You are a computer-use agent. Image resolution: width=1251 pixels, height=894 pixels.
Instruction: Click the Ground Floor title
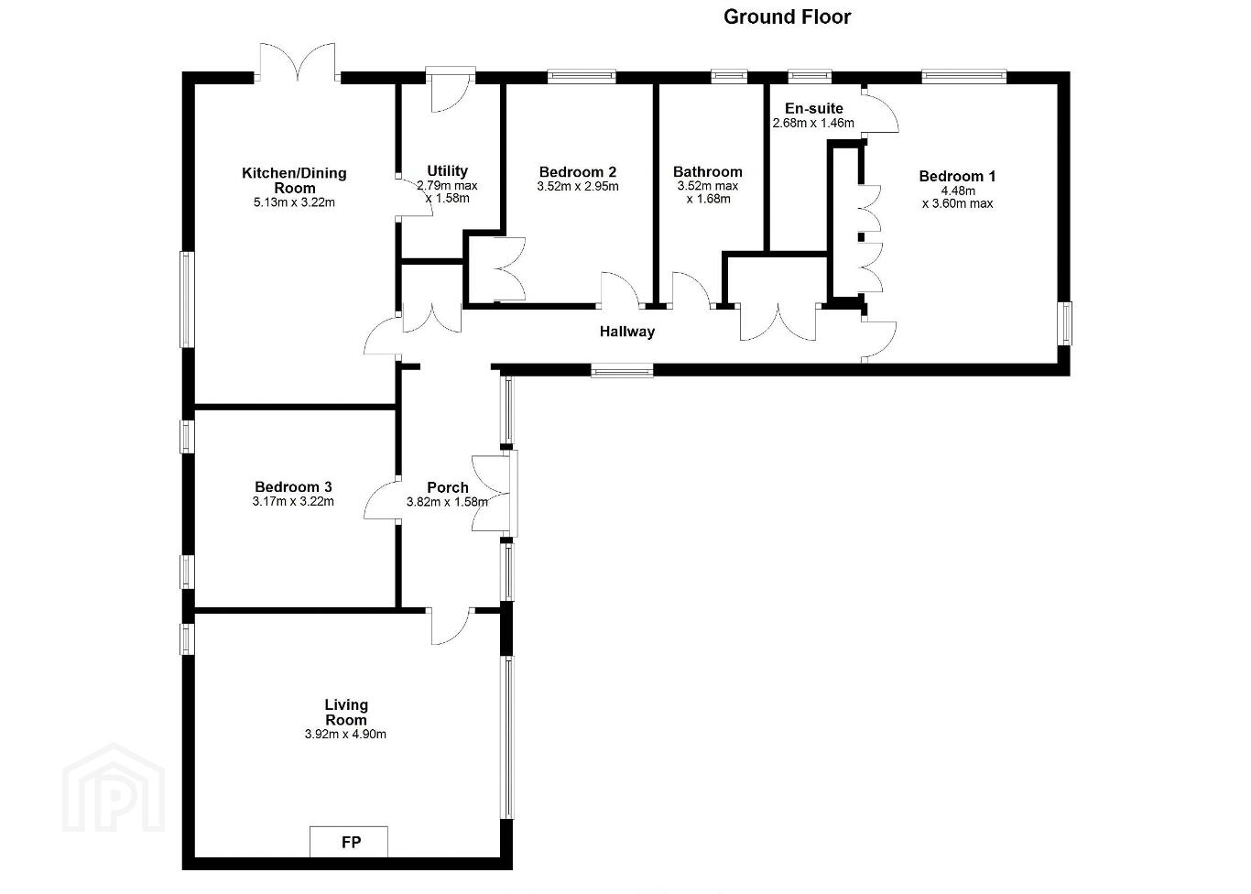click(787, 17)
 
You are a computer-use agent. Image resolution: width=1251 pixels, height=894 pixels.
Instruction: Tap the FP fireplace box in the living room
click(349, 842)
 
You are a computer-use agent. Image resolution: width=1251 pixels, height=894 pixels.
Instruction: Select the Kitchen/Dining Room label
click(294, 180)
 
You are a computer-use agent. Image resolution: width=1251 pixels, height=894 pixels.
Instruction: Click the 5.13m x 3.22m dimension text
click(294, 202)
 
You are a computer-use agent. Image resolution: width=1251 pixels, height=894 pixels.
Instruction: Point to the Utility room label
click(447, 171)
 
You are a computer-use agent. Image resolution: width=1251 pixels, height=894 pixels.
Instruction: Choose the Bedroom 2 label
click(578, 171)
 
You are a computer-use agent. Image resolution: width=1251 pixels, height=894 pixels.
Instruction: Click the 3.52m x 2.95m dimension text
click(578, 186)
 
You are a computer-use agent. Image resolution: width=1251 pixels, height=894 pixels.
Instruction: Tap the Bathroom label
click(708, 171)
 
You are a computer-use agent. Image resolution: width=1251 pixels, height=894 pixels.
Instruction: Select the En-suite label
click(814, 108)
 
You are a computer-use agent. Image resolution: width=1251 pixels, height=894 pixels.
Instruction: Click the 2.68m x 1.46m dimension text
click(813, 123)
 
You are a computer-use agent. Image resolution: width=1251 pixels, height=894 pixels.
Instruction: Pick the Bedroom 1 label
click(957, 176)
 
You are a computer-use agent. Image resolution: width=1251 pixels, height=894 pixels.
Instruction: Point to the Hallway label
click(627, 332)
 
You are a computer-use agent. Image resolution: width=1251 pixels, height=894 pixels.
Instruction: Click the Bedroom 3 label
click(293, 486)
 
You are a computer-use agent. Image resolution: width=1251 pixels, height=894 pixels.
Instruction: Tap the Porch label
click(447, 488)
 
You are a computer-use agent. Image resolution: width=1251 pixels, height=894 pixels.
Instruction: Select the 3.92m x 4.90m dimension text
click(345, 735)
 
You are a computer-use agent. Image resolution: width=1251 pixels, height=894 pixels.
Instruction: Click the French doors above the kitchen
click(297, 60)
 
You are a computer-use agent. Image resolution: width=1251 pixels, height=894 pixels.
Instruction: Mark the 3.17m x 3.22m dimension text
click(293, 501)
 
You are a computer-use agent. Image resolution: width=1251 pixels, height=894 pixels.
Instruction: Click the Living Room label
click(346, 712)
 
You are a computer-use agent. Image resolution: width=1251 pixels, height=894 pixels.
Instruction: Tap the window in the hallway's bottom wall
click(622, 370)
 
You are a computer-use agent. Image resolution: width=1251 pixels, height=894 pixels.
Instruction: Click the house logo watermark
click(114, 787)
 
